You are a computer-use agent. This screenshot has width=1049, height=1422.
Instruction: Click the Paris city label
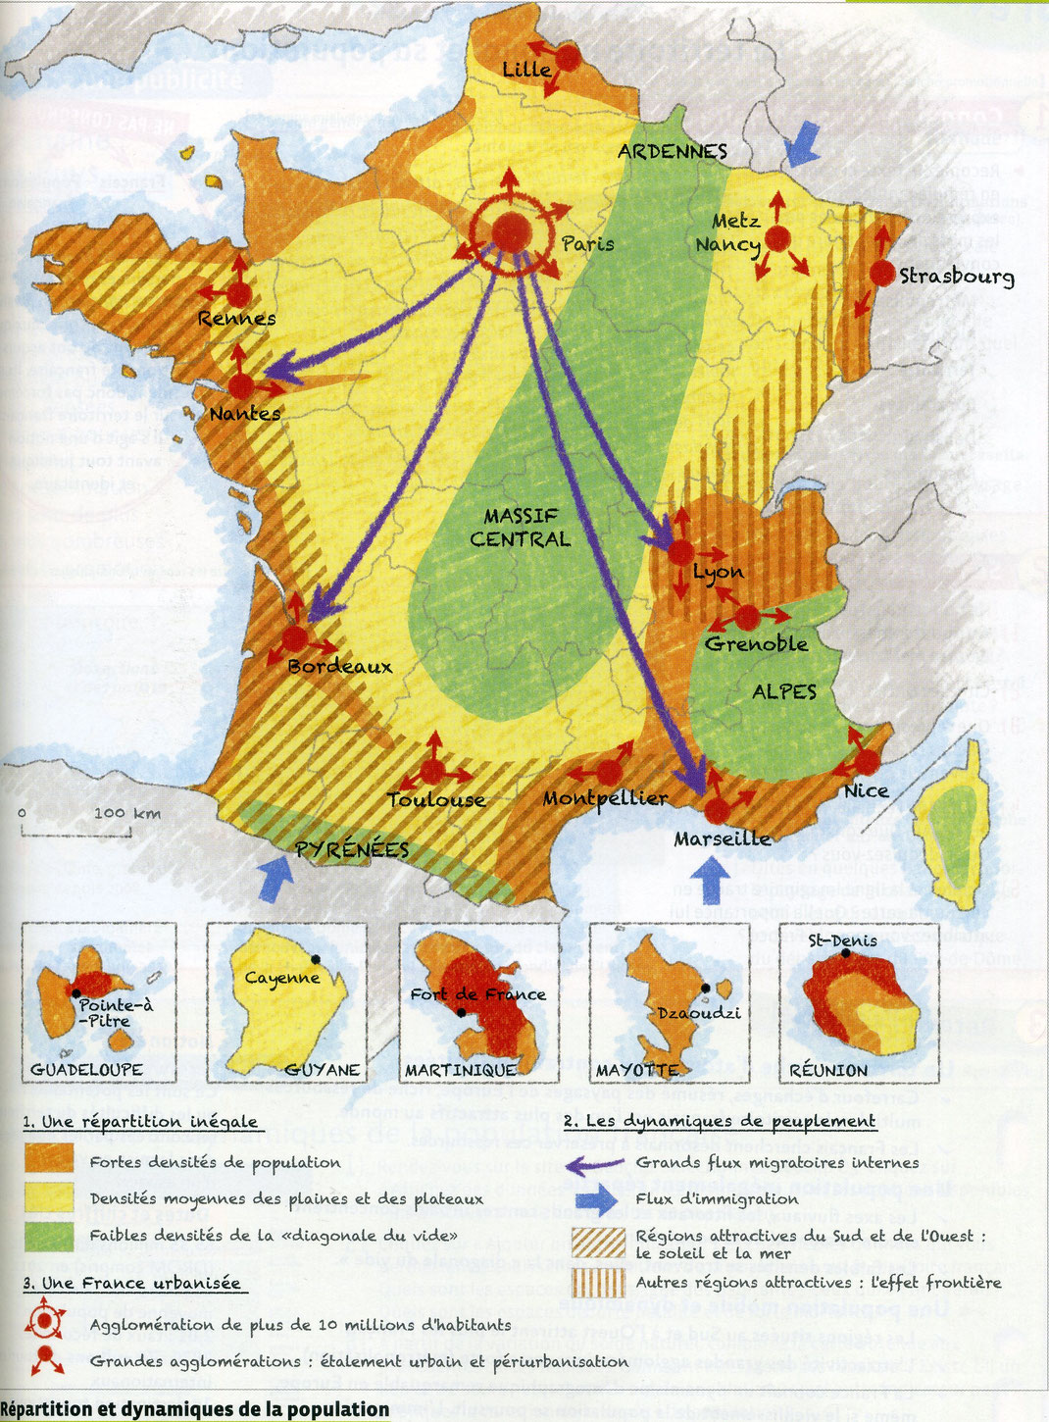pos(588,243)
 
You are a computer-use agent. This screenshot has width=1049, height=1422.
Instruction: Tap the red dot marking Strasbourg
pos(882,274)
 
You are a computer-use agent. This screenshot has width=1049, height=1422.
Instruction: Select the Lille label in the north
pos(526,70)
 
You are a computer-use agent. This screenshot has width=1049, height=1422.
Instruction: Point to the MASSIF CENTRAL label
pos(520,528)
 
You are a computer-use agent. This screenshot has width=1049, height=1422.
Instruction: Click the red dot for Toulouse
pos(432,773)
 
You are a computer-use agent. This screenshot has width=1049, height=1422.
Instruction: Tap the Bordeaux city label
pos(339,667)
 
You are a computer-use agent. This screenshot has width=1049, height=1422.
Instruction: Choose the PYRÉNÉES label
pos(352,849)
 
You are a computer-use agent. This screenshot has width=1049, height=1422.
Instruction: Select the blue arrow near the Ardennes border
pos(801,143)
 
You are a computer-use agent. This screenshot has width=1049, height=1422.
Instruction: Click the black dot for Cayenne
pos(316,959)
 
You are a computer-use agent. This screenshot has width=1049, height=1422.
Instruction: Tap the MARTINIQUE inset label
pos(461,1070)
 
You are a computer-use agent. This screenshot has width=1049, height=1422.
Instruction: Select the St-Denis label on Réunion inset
pos(842,940)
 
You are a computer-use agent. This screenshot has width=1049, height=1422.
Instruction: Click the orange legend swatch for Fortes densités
pos(49,1159)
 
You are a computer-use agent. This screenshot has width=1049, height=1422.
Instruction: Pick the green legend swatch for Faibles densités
pos(49,1235)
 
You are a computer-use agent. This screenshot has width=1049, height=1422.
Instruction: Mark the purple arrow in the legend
pos(596,1165)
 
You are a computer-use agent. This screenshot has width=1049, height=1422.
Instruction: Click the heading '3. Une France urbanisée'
pos(133,1283)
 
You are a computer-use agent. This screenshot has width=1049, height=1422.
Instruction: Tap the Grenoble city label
pos(756,644)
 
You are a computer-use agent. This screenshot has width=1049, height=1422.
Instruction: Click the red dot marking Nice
pos(867,762)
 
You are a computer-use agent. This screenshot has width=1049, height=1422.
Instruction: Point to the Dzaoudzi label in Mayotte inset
pos(699,1013)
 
